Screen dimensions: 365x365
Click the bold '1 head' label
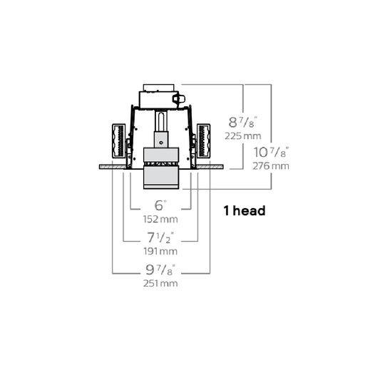click(245, 211)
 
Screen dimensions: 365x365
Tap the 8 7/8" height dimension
click(243, 123)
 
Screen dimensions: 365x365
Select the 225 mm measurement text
click(243, 136)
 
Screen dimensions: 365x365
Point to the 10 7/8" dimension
click(271, 152)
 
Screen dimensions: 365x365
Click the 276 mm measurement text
click(271, 166)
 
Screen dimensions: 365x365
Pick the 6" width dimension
click(160, 205)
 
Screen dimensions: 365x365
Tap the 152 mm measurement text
click(160, 219)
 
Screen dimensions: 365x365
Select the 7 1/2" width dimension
click(160, 237)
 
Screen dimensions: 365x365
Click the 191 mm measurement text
click(160, 251)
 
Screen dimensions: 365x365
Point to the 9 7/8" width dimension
click(160, 269)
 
